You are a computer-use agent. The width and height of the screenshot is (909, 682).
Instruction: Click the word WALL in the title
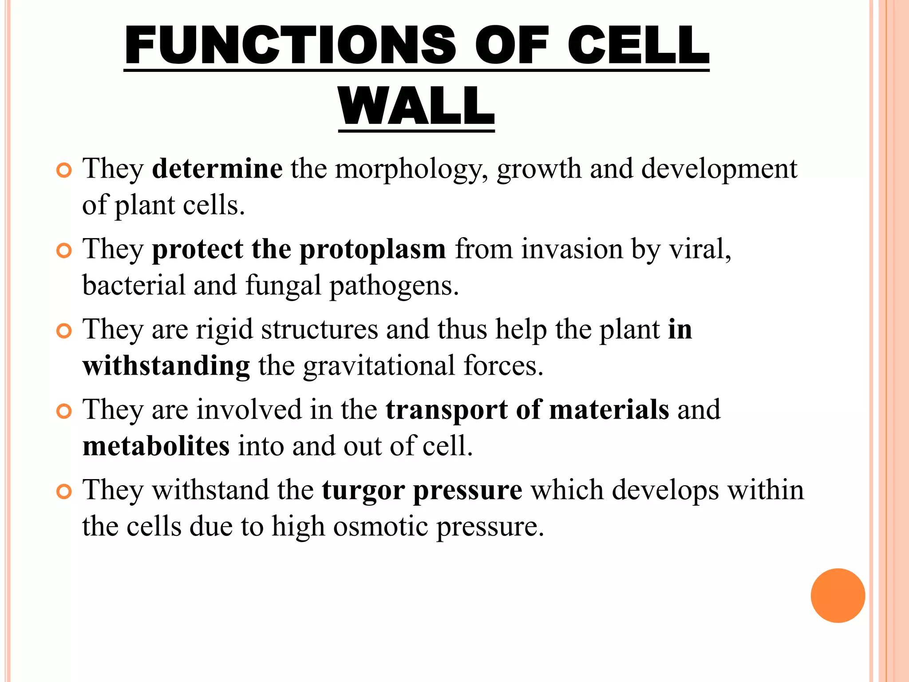tap(416, 106)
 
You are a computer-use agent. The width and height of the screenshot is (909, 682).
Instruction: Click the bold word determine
tap(217, 169)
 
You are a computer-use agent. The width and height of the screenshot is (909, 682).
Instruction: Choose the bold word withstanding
tap(166, 367)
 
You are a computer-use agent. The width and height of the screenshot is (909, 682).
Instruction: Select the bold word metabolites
tap(156, 446)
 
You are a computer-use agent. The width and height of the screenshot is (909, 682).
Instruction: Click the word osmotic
tap(381, 527)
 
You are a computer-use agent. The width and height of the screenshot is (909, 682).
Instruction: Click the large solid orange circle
tap(838, 595)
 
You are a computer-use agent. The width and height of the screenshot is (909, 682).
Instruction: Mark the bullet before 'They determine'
tap(64, 170)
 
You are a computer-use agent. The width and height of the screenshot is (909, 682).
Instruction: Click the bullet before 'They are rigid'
tap(64, 331)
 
